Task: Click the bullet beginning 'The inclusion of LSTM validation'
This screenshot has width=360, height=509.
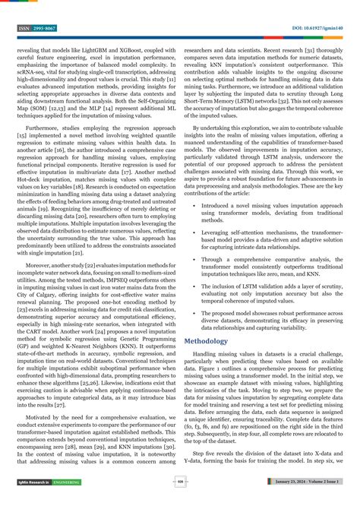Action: [x=265, y=292]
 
